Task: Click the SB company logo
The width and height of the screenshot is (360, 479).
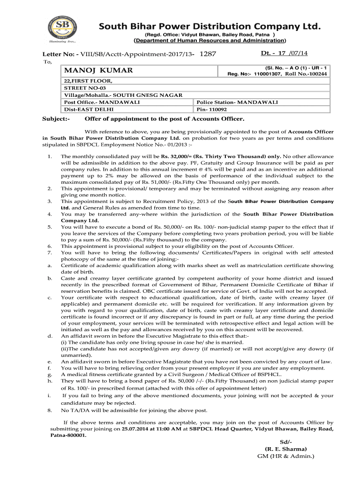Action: (x=63, y=30)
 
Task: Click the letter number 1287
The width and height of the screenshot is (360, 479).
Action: (x=208, y=54)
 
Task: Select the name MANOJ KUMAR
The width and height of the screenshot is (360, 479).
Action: (x=99, y=70)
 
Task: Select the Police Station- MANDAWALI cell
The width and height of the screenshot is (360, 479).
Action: (x=237, y=102)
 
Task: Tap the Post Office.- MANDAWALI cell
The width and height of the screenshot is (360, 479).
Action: (x=94, y=102)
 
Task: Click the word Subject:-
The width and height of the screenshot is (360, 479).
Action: (x=56, y=119)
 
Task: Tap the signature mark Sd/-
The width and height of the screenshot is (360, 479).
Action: (x=285, y=442)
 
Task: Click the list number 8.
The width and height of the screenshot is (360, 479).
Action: (x=50, y=410)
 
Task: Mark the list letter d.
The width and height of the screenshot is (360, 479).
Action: (x=50, y=336)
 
